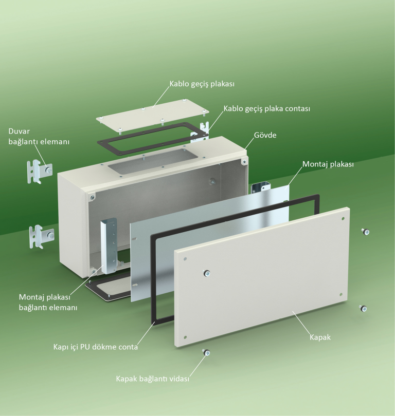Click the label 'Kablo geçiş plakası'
202,84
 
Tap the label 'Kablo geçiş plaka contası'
267,109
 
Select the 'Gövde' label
265,135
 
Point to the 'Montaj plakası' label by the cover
328,164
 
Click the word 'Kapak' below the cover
320,337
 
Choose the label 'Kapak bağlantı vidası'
152,379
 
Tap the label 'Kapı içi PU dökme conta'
96,347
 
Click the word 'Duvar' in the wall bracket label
19,131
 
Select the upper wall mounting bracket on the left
40,172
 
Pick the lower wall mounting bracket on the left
42,237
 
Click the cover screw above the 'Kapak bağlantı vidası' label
206,352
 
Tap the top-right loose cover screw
366,232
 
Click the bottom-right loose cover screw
363,308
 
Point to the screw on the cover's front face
207,273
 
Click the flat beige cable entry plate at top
152,115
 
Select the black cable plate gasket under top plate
153,138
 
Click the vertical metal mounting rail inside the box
109,245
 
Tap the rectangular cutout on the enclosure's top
153,162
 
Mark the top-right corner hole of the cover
343,219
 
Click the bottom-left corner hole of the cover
185,337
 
